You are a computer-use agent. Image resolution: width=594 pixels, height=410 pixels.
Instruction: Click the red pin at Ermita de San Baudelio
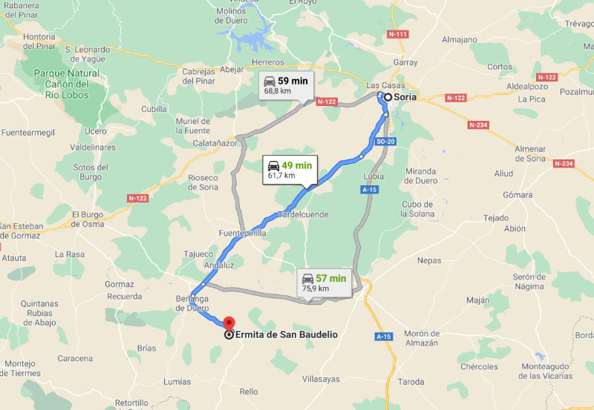coord(229,324)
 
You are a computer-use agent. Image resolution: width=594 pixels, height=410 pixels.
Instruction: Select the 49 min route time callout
coord(290,170)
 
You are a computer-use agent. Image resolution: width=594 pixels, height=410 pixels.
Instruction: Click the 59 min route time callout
coord(286,85)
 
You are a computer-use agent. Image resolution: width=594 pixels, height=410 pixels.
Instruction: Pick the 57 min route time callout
coord(324,282)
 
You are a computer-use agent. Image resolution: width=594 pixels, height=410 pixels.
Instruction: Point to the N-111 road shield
coord(399,34)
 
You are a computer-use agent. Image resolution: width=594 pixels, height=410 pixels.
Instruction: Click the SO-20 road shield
coord(384,141)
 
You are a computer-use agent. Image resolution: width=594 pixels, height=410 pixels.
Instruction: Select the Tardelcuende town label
coord(302,215)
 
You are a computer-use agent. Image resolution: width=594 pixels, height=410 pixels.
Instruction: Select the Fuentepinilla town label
coord(242,233)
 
